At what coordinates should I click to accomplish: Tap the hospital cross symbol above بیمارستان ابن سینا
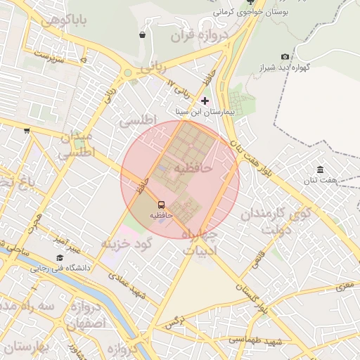(205, 101)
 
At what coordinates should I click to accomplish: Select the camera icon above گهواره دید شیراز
(285, 57)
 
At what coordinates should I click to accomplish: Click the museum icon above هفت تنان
(321, 169)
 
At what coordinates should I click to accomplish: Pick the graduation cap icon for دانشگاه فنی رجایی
(58, 258)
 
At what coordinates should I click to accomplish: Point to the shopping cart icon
(27, 130)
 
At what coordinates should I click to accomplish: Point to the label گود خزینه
(127, 243)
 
